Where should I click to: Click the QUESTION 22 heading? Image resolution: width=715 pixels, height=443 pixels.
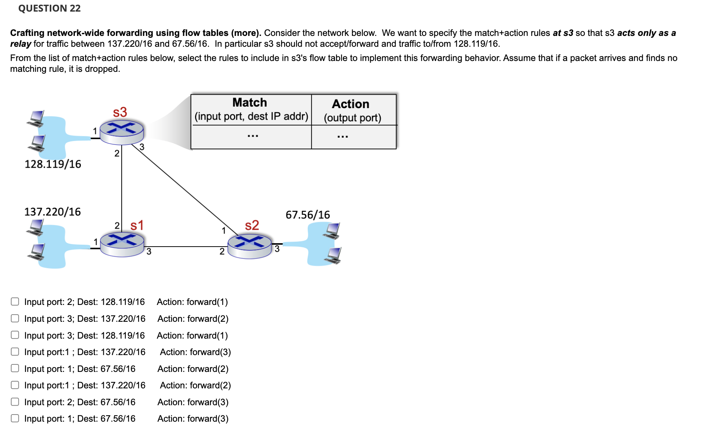(x=49, y=8)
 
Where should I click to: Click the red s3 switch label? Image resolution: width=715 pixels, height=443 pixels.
(x=120, y=112)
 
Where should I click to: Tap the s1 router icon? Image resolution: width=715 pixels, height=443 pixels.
(x=122, y=244)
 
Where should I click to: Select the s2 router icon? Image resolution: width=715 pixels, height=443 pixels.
(x=249, y=246)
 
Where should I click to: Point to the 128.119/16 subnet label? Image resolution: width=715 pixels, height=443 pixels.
(x=53, y=164)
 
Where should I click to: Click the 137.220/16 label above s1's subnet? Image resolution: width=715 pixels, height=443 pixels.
(x=52, y=212)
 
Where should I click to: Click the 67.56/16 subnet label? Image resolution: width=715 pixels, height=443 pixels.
(x=308, y=215)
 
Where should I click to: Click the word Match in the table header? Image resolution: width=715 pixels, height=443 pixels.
(x=250, y=103)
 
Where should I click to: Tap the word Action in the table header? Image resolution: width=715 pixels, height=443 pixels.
(x=350, y=104)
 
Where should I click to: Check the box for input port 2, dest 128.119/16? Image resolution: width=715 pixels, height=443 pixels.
(x=15, y=302)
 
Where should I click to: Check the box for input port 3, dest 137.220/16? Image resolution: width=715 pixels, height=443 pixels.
(x=15, y=318)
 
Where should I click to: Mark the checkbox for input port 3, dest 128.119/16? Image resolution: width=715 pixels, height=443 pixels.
(x=15, y=335)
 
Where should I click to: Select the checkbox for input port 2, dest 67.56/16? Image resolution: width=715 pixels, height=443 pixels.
(x=15, y=402)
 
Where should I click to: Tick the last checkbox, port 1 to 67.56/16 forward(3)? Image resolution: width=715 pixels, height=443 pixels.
(x=15, y=418)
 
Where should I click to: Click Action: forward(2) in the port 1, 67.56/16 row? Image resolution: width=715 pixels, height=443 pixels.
(x=193, y=369)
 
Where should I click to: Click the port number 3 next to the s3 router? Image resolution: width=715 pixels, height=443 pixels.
(x=142, y=147)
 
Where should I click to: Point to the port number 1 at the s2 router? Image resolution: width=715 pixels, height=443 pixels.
(x=224, y=230)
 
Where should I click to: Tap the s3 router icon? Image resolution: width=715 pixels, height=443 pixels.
(x=122, y=132)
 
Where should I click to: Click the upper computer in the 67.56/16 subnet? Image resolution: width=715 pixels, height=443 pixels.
(x=332, y=230)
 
